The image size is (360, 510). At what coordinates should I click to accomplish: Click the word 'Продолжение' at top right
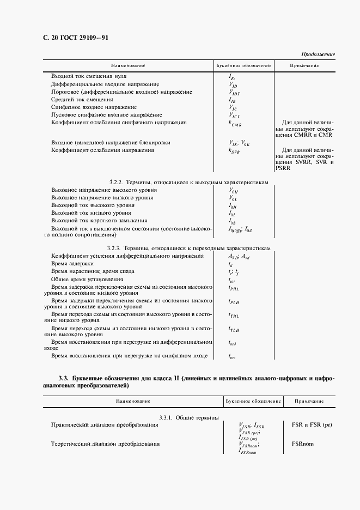[318, 54]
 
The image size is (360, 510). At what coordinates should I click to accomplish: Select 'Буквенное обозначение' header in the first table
[243, 66]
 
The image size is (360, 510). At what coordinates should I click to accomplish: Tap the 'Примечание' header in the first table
[304, 66]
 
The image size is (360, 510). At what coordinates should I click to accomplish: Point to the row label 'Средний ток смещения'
[82, 100]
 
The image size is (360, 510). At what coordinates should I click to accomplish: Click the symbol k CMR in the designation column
[235, 124]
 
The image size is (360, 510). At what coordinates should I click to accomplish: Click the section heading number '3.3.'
[63, 378]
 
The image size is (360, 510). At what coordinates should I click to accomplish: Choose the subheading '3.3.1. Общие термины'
[189, 417]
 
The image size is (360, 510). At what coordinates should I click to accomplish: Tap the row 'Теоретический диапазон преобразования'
[105, 444]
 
